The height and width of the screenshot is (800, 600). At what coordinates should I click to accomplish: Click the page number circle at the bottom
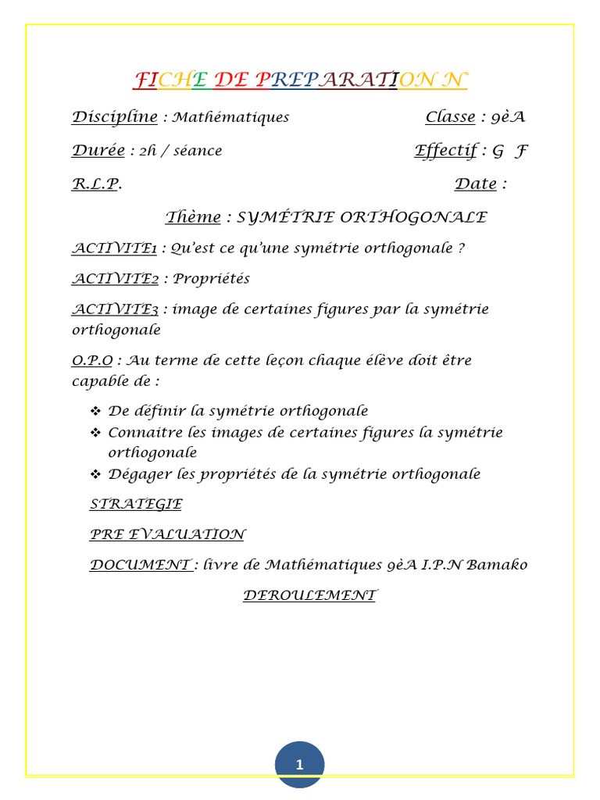coord(299,765)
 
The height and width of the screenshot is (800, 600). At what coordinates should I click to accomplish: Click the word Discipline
coord(115,117)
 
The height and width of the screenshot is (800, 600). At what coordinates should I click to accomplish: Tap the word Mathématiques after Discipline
coord(230,118)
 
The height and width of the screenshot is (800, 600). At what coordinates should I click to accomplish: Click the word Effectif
coord(445,151)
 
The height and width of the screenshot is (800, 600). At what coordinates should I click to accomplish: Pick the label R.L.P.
coord(96,184)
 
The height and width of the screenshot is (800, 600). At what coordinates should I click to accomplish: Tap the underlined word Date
coord(475,184)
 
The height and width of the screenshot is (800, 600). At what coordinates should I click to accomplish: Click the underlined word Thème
coord(193,217)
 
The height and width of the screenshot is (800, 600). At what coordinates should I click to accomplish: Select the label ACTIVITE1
coord(115,248)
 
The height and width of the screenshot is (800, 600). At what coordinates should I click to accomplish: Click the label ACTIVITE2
coord(116,279)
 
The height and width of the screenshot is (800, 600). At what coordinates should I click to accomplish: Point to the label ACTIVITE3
coord(116,309)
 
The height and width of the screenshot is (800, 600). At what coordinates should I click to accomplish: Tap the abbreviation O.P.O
coord(92,361)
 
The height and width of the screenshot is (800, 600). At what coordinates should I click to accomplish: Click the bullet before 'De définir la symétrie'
coord(95,411)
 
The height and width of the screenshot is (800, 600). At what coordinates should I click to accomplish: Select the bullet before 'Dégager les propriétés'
coord(95,474)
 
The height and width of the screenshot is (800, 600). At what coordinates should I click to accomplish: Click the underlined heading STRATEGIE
coord(136,505)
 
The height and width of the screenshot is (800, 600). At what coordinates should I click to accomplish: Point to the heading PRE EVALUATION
coord(167,535)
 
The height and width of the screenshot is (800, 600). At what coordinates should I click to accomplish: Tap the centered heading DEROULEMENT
coord(309,595)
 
